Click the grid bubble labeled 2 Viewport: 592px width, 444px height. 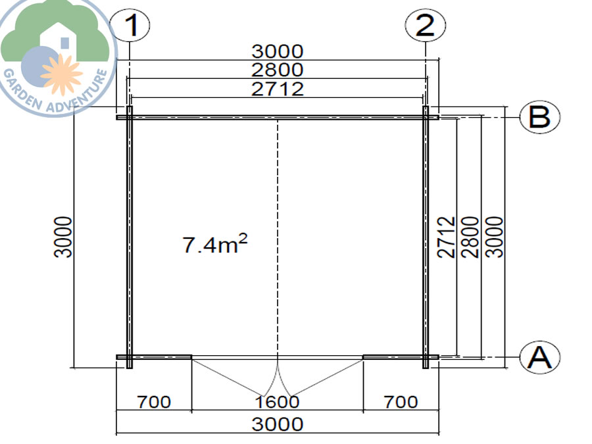(x=425, y=26)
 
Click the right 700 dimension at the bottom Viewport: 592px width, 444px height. (x=400, y=401)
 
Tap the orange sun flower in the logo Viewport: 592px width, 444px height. (x=61, y=71)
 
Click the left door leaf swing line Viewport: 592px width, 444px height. (x=234, y=378)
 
